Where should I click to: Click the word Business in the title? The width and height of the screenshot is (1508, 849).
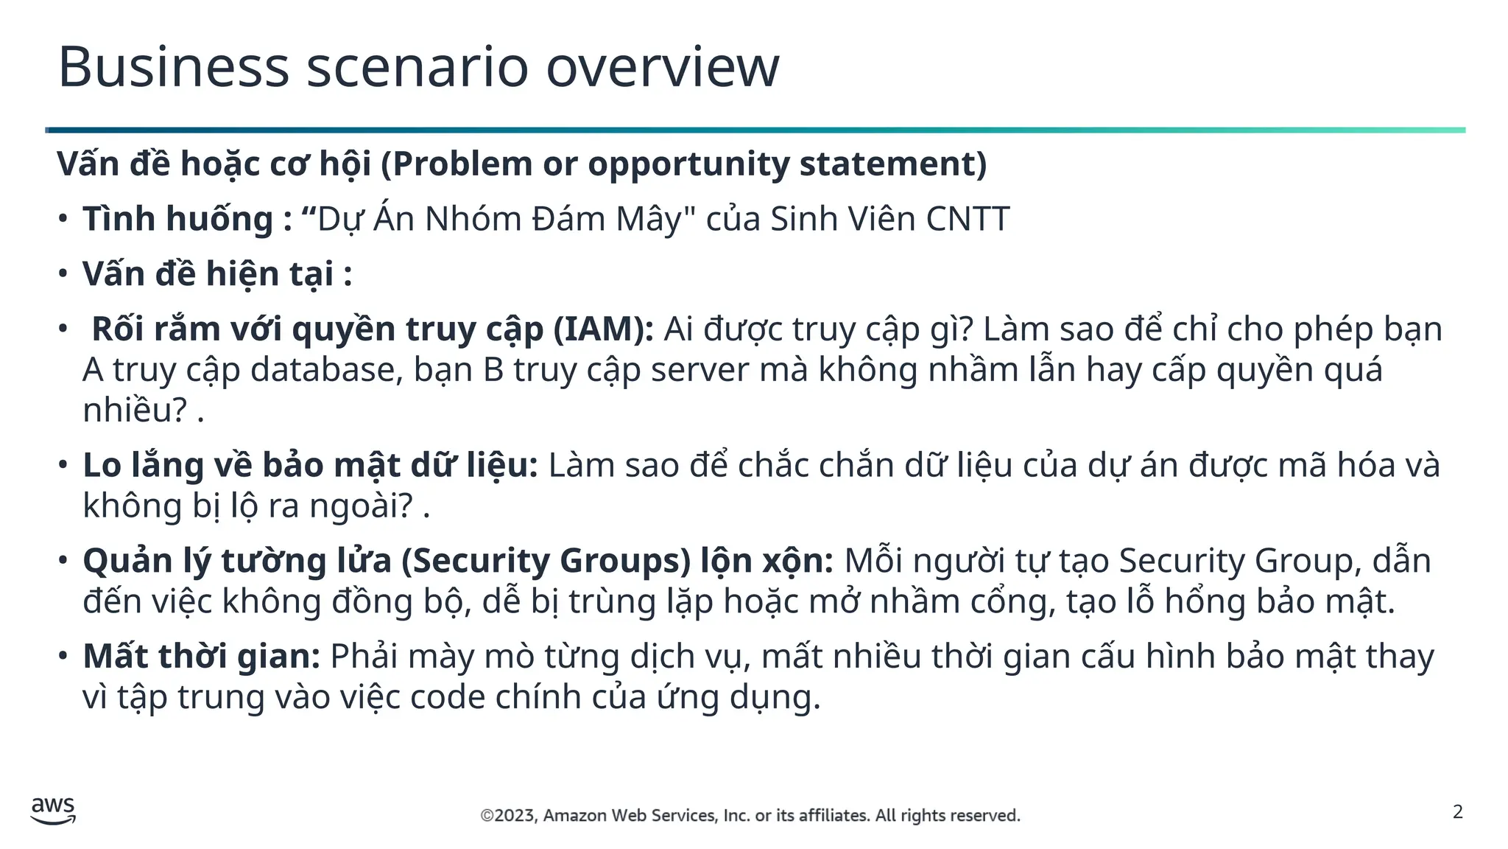[173, 67]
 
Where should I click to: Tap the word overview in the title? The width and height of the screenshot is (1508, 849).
[662, 67]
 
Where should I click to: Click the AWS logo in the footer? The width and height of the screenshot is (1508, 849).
[53, 811]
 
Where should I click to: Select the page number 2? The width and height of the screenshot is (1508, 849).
[1457, 812]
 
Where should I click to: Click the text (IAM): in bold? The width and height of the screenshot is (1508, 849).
[603, 329]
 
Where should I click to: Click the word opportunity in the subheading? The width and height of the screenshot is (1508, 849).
[688, 164]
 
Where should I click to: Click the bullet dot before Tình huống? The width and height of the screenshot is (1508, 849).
[63, 219]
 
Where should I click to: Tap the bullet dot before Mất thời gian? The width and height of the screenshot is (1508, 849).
[63, 656]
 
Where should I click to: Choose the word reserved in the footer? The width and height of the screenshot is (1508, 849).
[989, 816]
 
